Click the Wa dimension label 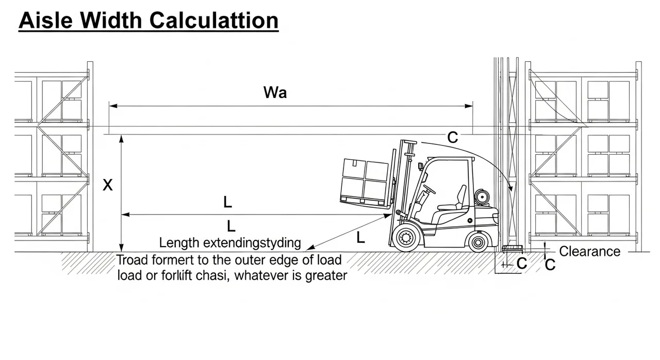coord(275,93)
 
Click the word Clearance coord(590,252)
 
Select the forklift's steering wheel coord(429,189)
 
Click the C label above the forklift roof coord(452,137)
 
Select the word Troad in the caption coord(133,259)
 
